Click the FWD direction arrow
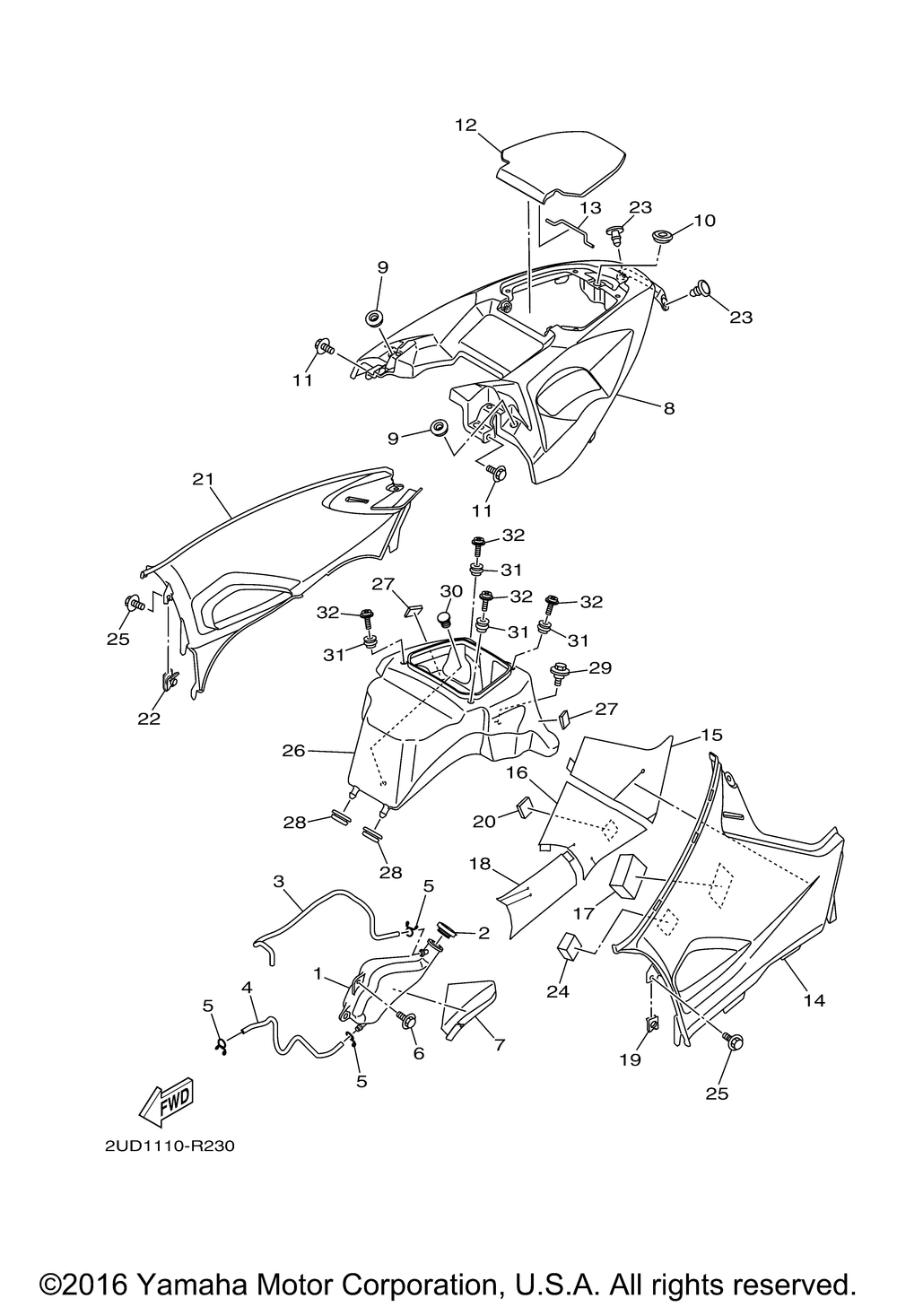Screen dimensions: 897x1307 (166, 1102)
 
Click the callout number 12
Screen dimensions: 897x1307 (466, 125)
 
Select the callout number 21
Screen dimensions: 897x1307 (204, 479)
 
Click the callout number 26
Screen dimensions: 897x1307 (293, 750)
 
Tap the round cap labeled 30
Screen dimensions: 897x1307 (446, 619)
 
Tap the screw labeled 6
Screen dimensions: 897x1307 (406, 1021)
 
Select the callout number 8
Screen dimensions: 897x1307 (669, 408)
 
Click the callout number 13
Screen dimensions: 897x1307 (590, 208)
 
